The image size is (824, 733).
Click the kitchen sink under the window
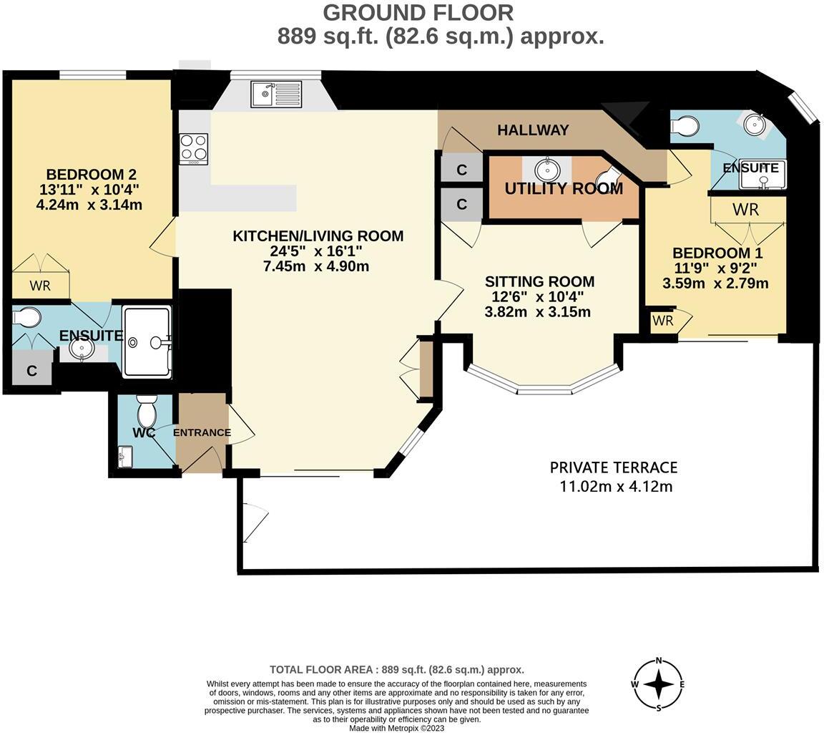[x=276, y=94]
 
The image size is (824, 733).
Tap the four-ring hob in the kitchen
[x=193, y=149]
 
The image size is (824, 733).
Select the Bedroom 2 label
[x=91, y=175]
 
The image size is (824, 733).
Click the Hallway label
[x=533, y=130]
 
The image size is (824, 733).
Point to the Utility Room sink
[x=547, y=169]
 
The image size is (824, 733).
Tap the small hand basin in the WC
[x=125, y=456]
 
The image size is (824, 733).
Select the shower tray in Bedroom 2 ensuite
[x=147, y=342]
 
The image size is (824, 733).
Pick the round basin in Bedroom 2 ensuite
[x=82, y=348]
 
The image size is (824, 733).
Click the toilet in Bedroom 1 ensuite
[x=685, y=126]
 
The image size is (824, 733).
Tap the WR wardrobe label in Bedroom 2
[x=40, y=286]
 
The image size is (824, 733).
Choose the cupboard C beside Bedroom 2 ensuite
[x=31, y=371]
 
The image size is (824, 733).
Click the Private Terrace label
[x=613, y=467]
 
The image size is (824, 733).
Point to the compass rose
[x=658, y=684]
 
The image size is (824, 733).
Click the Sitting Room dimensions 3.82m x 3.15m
[x=537, y=312]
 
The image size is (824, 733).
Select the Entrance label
[x=202, y=432]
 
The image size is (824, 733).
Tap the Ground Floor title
[x=418, y=12]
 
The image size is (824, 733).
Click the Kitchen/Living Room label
[x=318, y=236]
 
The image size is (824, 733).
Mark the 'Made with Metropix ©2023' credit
[x=396, y=728]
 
